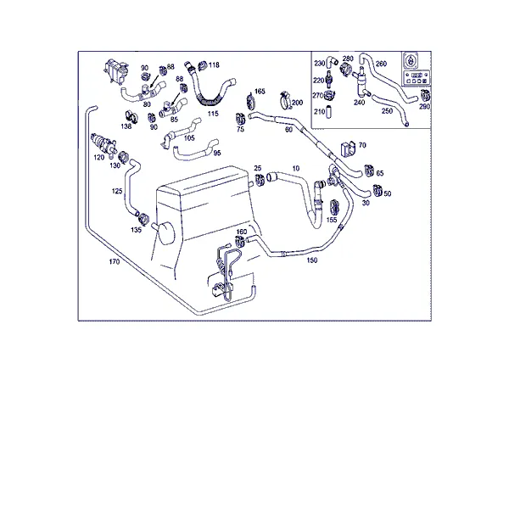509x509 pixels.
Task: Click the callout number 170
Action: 115,261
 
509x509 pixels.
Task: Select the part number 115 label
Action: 213,114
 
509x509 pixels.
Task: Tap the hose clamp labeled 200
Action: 285,100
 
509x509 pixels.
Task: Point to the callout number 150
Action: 312,260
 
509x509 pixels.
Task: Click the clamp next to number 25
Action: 260,181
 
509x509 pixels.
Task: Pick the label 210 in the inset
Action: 320,111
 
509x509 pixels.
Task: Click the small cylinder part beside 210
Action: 328,111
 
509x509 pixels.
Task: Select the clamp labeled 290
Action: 425,95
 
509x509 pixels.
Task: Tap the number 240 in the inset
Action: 359,103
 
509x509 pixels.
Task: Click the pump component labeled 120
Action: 103,142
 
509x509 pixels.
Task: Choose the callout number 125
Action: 117,191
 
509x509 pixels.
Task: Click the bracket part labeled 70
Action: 348,149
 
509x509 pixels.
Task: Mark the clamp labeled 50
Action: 377,191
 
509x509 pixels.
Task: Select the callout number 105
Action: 189,138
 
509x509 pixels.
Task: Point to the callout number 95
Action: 217,153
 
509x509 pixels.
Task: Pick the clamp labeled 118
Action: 202,66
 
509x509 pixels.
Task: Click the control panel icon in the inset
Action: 417,69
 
